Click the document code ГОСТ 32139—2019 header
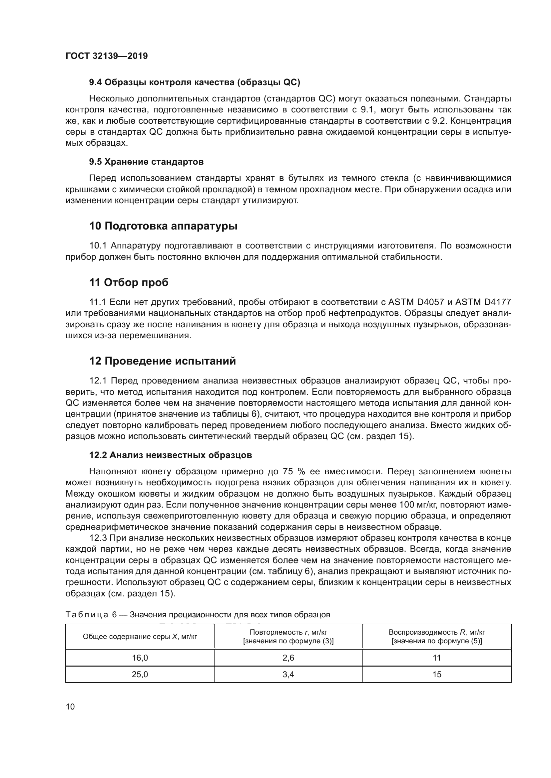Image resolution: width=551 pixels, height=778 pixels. [x=107, y=56]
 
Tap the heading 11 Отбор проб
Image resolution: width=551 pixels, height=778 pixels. [x=129, y=282]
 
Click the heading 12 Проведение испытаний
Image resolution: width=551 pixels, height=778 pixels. [x=163, y=361]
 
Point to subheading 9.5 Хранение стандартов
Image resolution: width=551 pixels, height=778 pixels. [x=146, y=162]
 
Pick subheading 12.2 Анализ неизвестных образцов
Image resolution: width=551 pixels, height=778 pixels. [x=170, y=455]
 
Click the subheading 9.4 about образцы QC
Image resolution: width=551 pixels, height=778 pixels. [x=195, y=82]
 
